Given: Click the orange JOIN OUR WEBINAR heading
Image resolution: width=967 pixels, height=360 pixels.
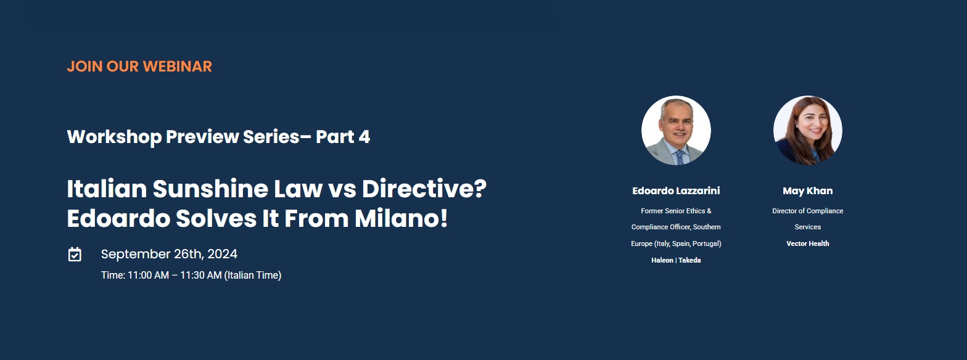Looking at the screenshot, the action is tap(139, 67).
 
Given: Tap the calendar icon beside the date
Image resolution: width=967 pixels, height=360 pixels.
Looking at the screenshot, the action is tap(75, 254).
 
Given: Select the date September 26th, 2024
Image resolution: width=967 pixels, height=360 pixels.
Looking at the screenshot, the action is tap(169, 254).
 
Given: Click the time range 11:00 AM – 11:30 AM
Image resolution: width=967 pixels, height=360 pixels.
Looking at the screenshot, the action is tap(175, 276).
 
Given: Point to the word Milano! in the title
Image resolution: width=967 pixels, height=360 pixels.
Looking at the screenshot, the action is tap(401, 218).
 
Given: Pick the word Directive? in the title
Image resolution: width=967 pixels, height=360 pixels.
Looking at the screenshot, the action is tap(424, 189).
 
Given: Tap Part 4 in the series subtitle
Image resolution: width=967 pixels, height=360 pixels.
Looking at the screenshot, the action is tap(343, 137).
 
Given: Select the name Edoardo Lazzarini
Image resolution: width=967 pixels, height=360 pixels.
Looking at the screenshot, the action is tap(676, 191).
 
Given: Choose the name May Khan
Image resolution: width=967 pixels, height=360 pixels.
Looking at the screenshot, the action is tap(808, 191).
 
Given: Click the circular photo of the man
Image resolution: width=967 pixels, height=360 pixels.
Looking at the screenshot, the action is tap(676, 130).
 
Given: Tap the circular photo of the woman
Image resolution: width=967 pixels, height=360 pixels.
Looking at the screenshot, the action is tap(808, 130).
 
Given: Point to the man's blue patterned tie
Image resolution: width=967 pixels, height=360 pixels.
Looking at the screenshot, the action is tap(680, 158).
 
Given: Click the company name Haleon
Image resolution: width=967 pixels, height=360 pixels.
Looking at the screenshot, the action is tap(662, 260).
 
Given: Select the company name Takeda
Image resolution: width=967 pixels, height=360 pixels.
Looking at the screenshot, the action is tap(689, 260).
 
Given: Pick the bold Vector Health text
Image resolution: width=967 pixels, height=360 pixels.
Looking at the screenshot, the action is tap(808, 243).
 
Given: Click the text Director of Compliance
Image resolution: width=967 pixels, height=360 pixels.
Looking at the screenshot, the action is tap(808, 211).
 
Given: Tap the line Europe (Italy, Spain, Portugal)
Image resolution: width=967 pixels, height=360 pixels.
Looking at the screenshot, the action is tap(676, 244).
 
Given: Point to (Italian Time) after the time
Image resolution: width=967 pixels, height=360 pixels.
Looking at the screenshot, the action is tap(253, 276).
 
